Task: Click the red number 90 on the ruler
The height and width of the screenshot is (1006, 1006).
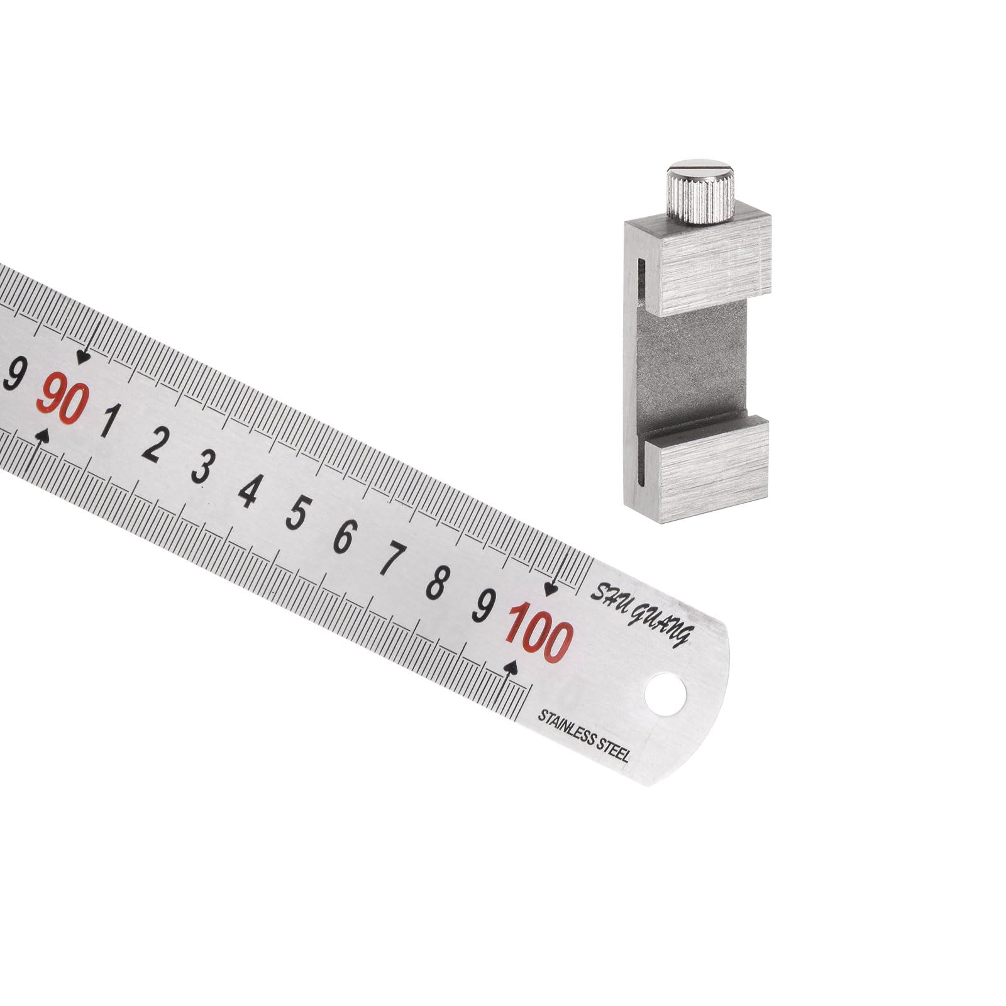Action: click(63, 398)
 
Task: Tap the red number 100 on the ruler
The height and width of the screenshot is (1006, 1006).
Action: click(539, 631)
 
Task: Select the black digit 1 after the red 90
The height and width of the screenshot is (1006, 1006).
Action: click(108, 421)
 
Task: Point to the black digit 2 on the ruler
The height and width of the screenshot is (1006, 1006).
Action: click(153, 445)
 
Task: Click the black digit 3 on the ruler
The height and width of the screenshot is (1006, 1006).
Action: click(201, 468)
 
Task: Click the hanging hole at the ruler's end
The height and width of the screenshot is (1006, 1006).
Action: click(665, 695)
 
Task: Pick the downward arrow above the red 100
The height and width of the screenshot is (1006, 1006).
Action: click(551, 589)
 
